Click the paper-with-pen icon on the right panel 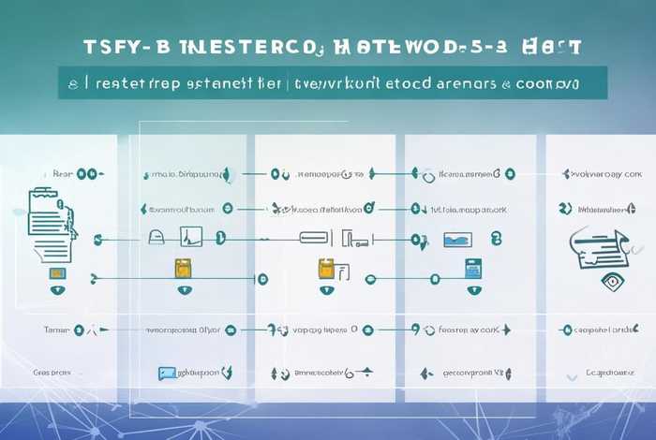(594, 243)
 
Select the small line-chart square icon (190, 238)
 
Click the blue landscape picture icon (457, 241)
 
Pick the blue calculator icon (473, 269)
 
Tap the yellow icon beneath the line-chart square (183, 269)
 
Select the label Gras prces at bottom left (52, 372)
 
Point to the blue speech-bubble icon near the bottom (167, 373)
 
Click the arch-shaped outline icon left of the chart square (157, 238)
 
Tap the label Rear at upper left (62, 174)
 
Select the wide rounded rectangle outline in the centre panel (312, 238)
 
